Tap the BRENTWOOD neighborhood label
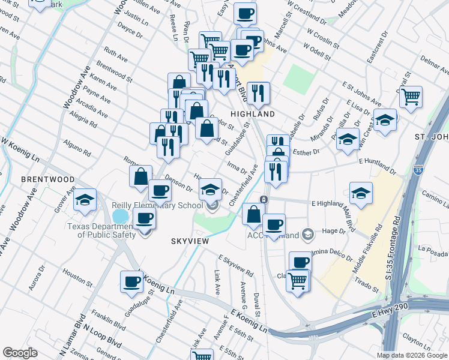[47, 179]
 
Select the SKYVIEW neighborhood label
[189, 241]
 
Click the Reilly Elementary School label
[157, 206]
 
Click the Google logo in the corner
[20, 353]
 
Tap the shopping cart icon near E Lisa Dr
[411, 96]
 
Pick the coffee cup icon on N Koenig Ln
[131, 281]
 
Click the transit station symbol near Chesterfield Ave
[263, 199]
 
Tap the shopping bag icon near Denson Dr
[140, 176]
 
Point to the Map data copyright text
[411, 355]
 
